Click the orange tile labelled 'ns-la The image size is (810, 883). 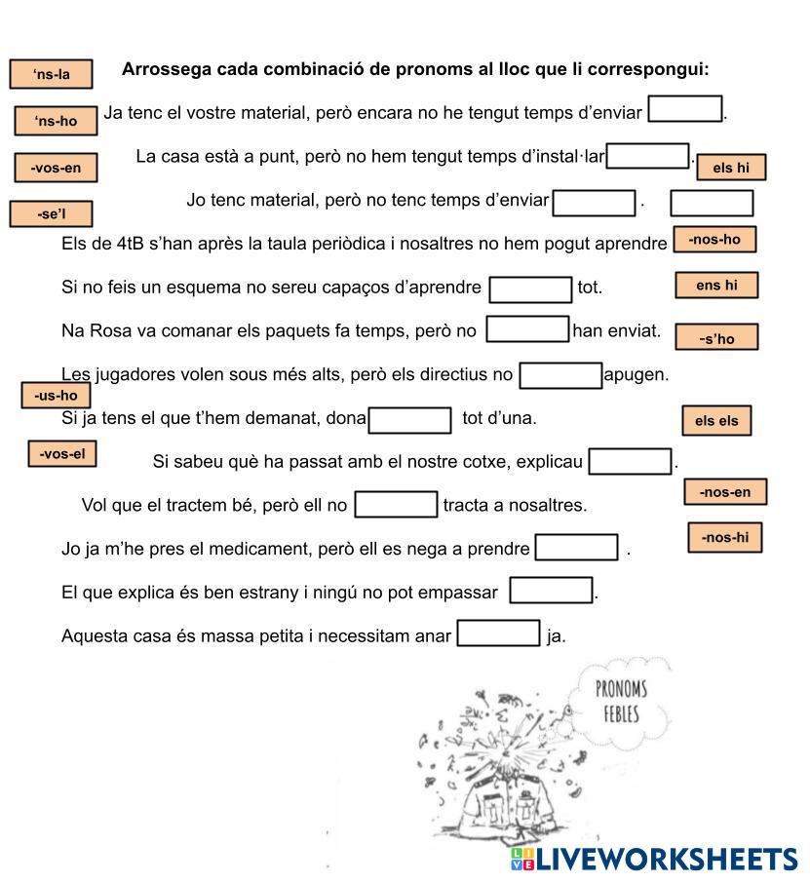pos(52,74)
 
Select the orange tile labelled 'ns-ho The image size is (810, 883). pos(56,121)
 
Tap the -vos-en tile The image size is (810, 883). pos(56,168)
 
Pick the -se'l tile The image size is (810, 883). pos(51,214)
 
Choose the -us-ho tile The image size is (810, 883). pos(56,395)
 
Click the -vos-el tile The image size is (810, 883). pos(62,454)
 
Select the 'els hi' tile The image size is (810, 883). pos(731,168)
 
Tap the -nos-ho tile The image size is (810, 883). pos(714,240)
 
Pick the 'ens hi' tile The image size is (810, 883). pos(716,285)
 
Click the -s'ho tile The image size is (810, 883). pos(716,338)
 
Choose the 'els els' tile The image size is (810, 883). pos(716,421)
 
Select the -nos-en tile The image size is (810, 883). pos(725,492)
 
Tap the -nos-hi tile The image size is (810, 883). pos(725,537)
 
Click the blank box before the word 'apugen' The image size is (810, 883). pos(560,375)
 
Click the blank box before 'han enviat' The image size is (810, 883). pos(527,329)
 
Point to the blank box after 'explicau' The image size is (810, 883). pos(631,461)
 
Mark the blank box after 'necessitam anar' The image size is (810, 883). pos(498,633)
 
